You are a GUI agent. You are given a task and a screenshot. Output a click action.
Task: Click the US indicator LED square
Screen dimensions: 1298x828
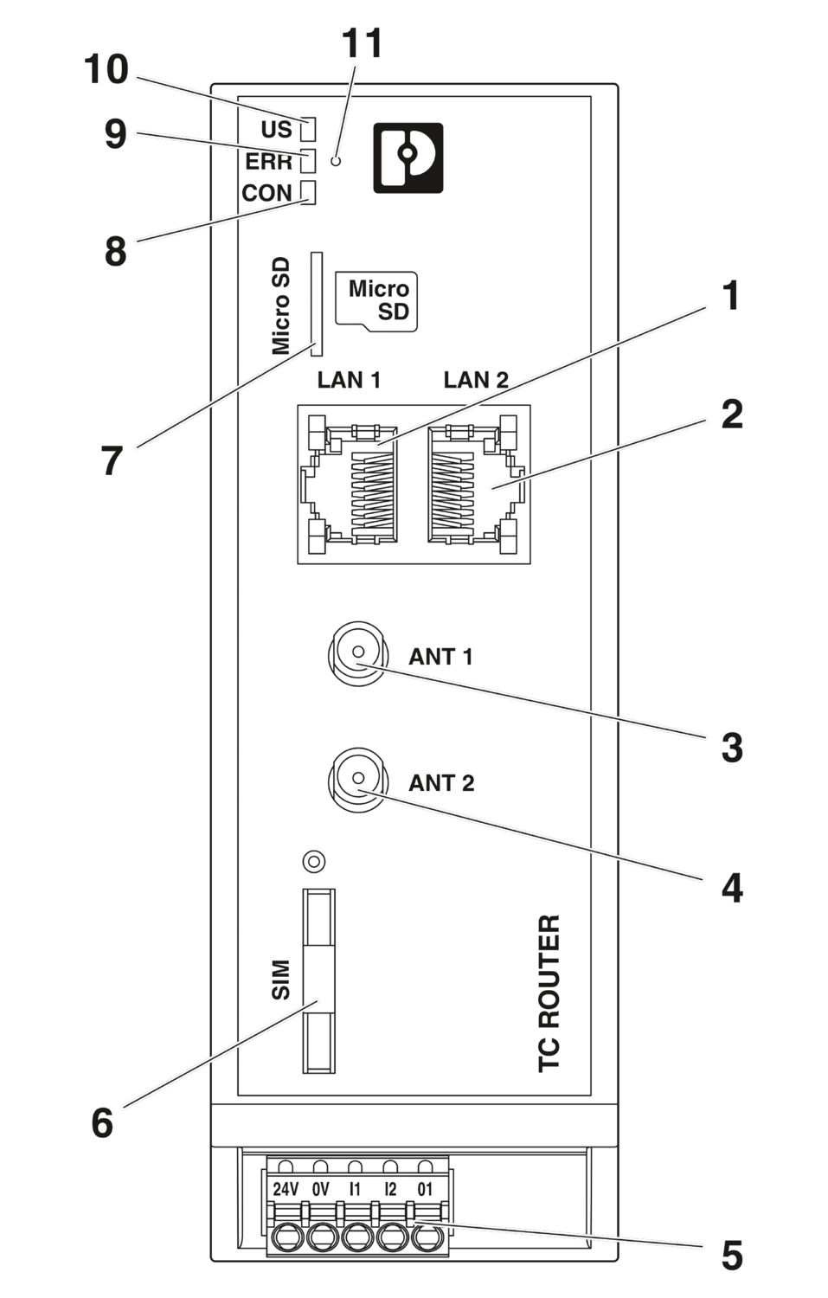pos(307,130)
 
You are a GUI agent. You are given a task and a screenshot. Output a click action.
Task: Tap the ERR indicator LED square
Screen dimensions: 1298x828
pos(307,161)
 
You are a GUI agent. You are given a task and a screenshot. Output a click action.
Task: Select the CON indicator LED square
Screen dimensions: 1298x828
pos(307,192)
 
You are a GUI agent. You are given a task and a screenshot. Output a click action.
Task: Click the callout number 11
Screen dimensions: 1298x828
pos(362,43)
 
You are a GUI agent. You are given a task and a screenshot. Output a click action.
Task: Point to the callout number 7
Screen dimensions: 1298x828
pos(112,460)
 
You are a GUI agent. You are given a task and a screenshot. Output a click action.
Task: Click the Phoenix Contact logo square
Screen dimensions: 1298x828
pos(408,157)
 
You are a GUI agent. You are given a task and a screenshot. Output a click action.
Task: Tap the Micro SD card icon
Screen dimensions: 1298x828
pos(377,301)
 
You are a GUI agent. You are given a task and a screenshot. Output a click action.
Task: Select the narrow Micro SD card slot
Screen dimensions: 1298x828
pos(316,304)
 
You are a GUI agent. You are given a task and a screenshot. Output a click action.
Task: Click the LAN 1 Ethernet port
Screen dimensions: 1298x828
pos(350,484)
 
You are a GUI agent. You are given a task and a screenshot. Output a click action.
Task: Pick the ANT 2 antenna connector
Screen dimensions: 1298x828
pos(356,781)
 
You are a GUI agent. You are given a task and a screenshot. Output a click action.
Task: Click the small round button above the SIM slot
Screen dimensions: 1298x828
pos(315,861)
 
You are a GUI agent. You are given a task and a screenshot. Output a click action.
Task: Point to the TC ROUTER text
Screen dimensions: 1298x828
pos(549,993)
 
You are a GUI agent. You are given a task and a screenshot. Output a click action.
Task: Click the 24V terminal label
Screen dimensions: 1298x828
pos(286,1189)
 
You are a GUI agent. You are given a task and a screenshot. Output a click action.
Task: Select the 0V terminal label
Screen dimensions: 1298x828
pos(320,1189)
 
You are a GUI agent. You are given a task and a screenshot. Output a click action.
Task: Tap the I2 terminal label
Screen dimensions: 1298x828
pos(390,1189)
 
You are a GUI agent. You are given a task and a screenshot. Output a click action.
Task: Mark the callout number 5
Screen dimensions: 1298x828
pos(731,1256)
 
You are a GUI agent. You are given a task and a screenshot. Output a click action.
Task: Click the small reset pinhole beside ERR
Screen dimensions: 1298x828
pos(337,161)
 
